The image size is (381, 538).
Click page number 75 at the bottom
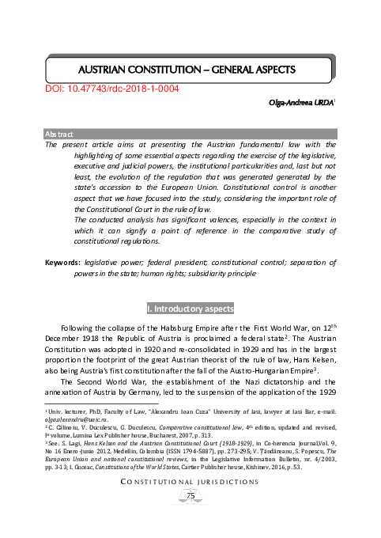(x=190, y=517)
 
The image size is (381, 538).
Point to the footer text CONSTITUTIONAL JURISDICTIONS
(x=190, y=501)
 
